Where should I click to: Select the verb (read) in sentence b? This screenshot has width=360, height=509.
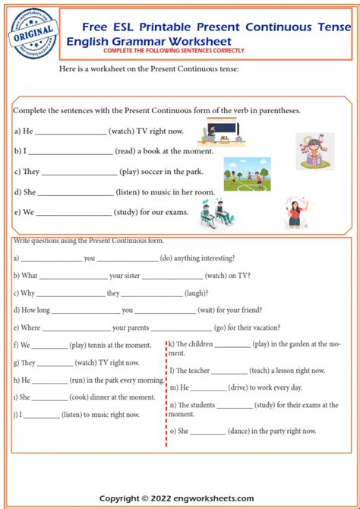[128, 151]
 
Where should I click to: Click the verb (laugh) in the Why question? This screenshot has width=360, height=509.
[196, 292]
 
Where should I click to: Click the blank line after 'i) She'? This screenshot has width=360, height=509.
[50, 397]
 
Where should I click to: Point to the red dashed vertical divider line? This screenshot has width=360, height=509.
[165, 395]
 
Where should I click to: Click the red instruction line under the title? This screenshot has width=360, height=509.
[175, 50]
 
